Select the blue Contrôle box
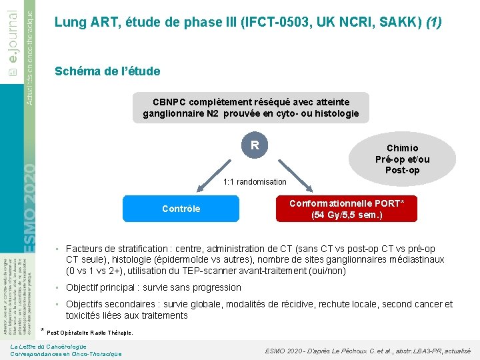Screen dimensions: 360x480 click(x=181, y=209)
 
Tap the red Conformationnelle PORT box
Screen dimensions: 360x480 click(x=346, y=209)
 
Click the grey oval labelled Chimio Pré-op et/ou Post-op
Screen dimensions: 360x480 click(x=402, y=159)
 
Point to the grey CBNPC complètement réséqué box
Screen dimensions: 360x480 click(x=251, y=108)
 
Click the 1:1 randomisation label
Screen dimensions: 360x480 click(x=255, y=182)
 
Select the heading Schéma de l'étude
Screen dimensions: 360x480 click(x=107, y=71)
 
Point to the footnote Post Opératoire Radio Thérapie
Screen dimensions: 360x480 click(x=90, y=332)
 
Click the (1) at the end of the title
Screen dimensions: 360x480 click(x=433, y=23)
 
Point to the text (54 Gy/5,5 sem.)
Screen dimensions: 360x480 click(x=346, y=215)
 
